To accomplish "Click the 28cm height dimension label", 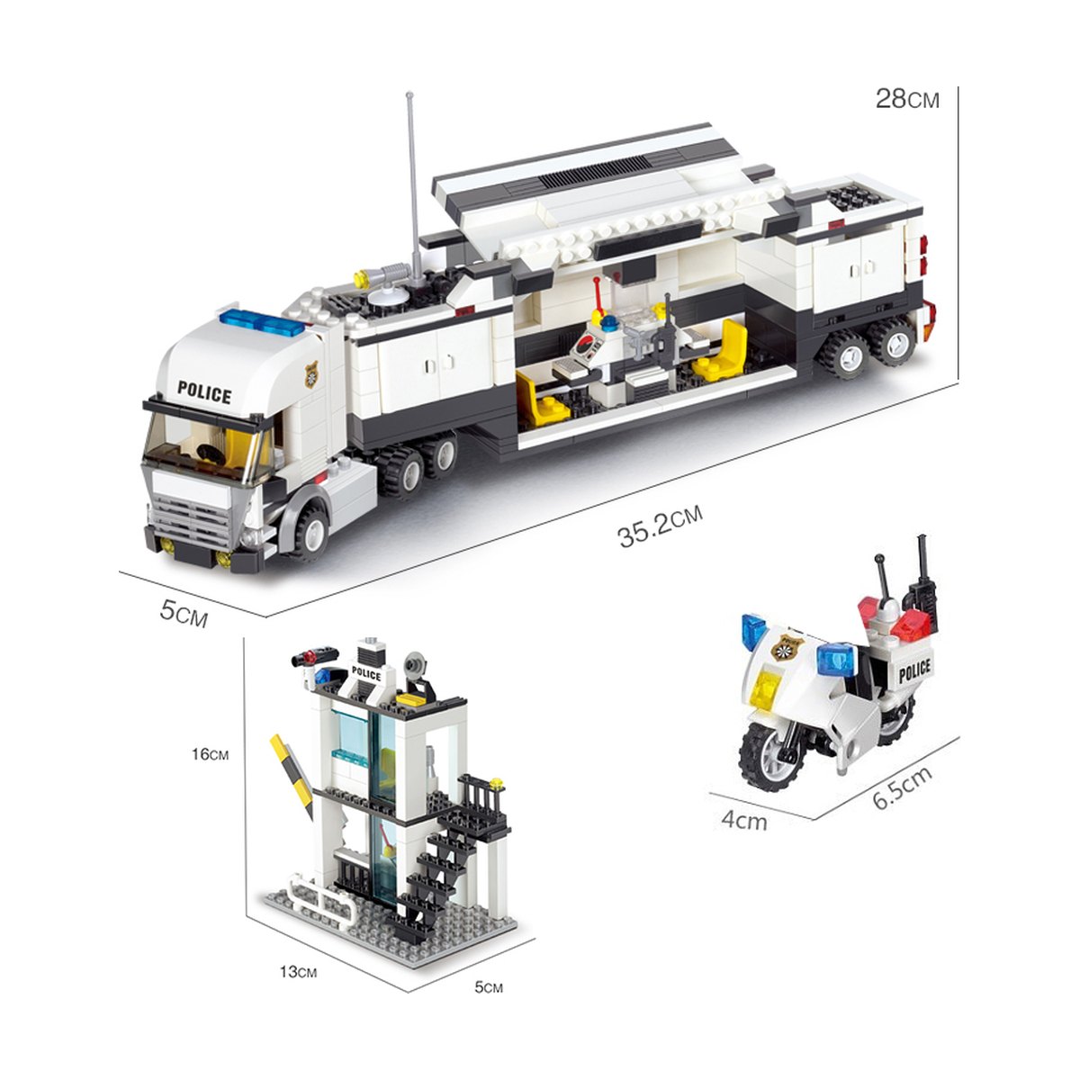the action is [x=907, y=100].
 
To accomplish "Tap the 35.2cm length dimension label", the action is [x=661, y=526].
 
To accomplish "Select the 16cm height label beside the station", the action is [x=211, y=754].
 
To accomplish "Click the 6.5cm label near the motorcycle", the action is [x=902, y=787].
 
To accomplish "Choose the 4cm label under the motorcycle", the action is [x=744, y=821].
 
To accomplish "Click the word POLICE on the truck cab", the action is [x=204, y=391].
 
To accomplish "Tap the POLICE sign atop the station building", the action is [x=366, y=673].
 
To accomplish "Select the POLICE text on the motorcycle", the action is [x=914, y=670].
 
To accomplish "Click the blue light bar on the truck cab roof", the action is [x=262, y=322].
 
